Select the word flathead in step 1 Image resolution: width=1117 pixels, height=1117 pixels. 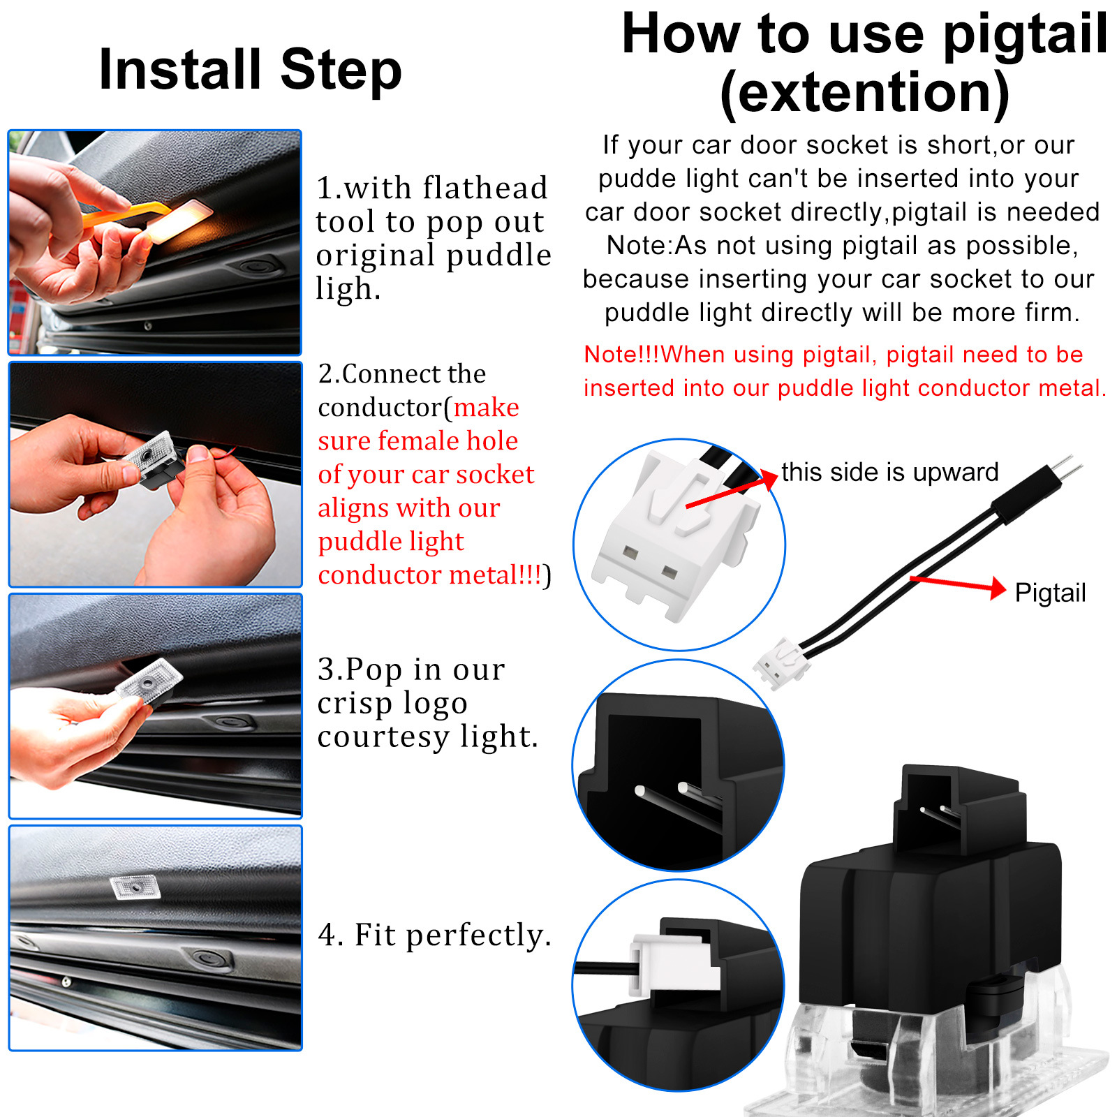click(x=485, y=188)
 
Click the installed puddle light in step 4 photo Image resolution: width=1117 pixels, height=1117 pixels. click(x=135, y=887)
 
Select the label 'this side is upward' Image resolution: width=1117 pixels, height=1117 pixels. click(x=890, y=473)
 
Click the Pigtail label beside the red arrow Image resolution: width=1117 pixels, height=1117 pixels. click(x=1050, y=593)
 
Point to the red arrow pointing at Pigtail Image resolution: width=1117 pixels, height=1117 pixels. click(x=957, y=585)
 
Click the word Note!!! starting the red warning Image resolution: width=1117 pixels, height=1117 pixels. click(x=621, y=355)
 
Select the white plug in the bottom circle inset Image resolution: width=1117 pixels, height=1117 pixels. click(x=674, y=963)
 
